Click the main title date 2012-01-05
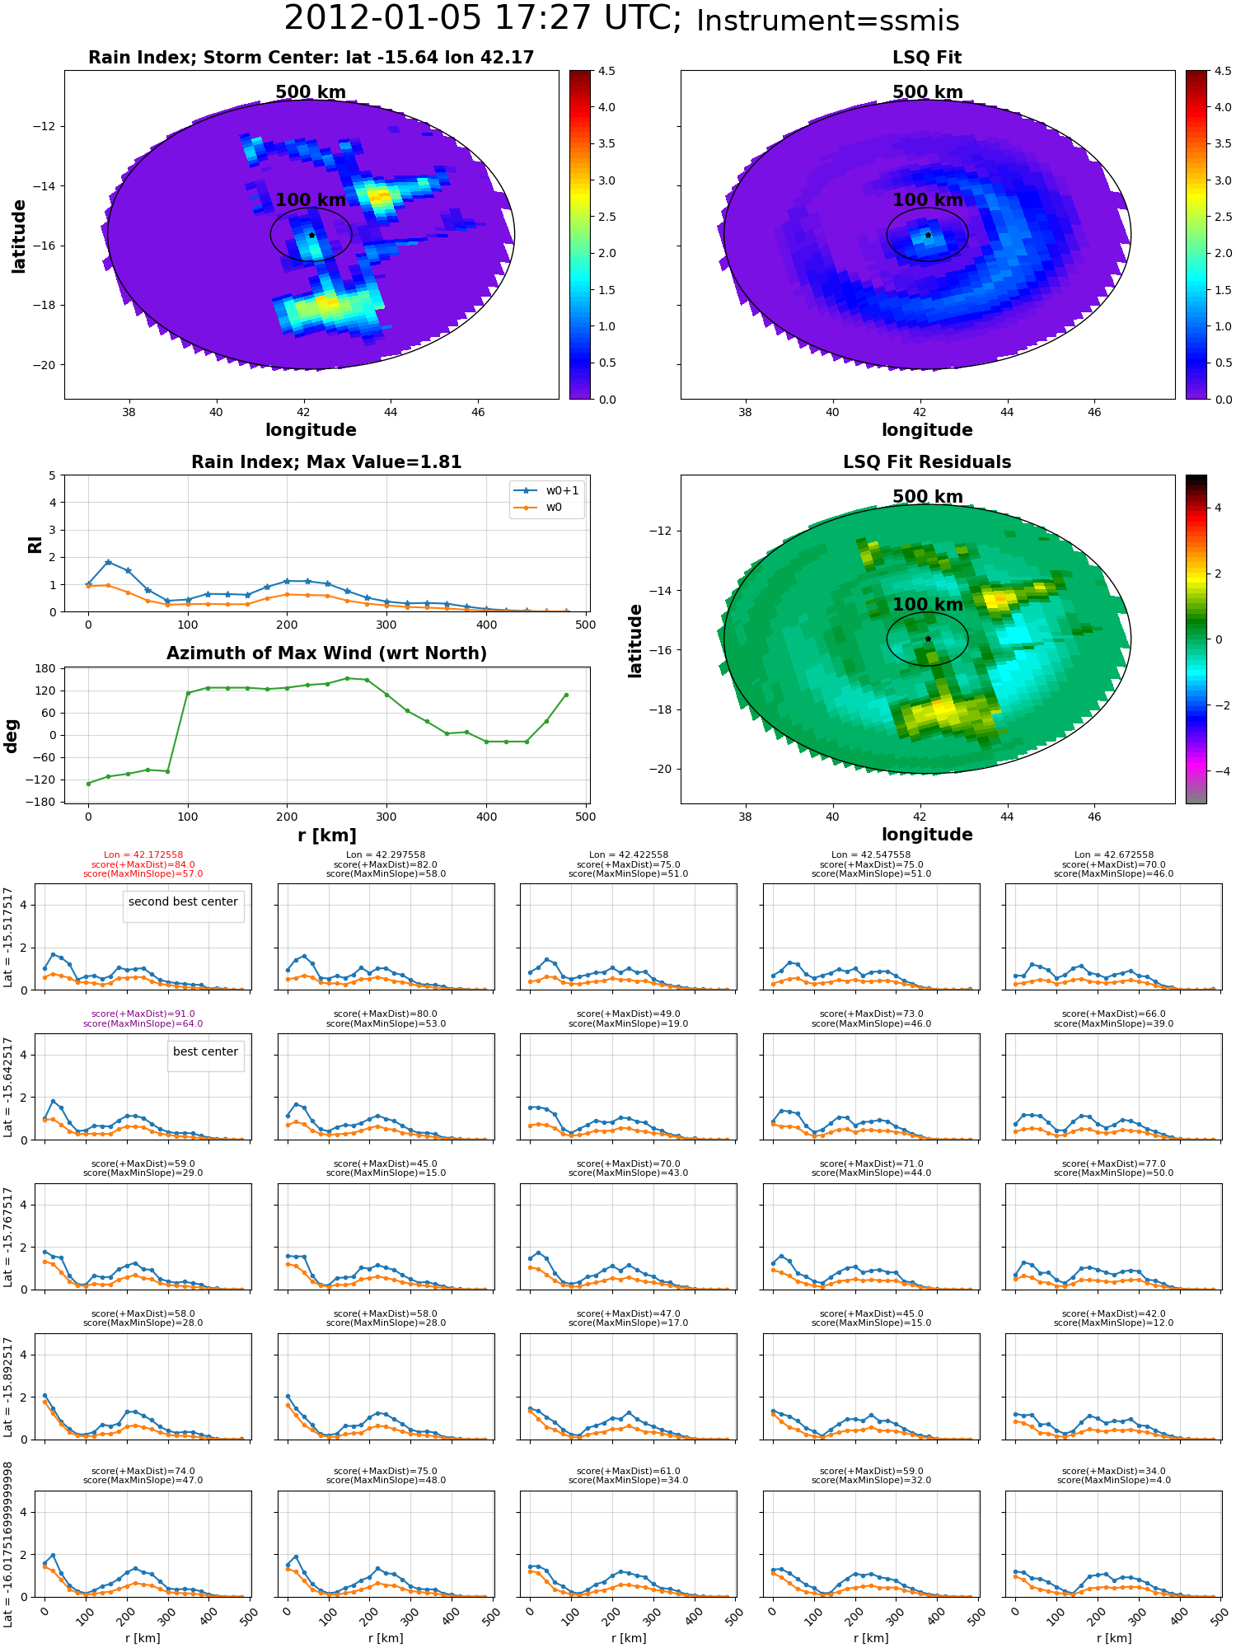tap(382, 19)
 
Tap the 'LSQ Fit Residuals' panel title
tap(927, 462)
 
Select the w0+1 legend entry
tap(561, 490)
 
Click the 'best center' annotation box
tap(205, 1051)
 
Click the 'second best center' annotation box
tap(183, 901)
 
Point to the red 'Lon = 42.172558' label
tap(143, 855)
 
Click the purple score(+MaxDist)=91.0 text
tap(143, 1014)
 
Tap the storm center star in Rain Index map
tap(311, 235)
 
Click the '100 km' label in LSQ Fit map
tap(927, 200)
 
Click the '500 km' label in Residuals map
tap(927, 497)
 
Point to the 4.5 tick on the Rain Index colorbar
tap(606, 72)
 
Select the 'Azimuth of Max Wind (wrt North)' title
tap(326, 653)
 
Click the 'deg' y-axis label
tap(12, 735)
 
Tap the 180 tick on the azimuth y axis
tap(46, 668)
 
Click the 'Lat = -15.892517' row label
tap(8, 1387)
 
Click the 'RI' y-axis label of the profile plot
tap(35, 544)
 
